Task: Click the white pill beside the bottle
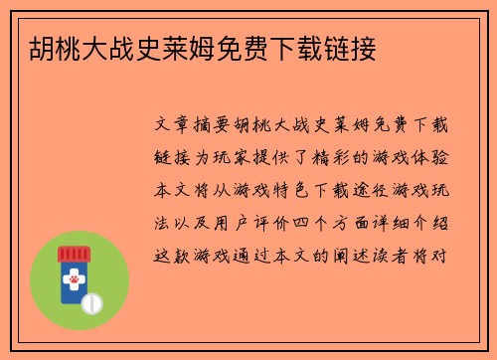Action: (91, 301)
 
